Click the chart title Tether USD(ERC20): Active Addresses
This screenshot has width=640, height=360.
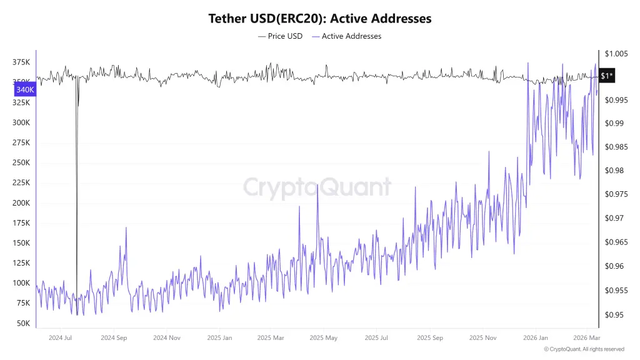tap(319, 19)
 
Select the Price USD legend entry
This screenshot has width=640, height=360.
tap(280, 36)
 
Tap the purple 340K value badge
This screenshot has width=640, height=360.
tap(25, 90)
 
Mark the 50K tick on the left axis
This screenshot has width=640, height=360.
tap(23, 323)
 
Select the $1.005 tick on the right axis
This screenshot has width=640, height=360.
tap(616, 54)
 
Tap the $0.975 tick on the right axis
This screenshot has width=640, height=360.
tap(616, 194)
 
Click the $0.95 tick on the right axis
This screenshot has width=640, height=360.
tap(614, 315)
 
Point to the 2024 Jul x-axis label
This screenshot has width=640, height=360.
tap(60, 337)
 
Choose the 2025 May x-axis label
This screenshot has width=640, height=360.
tap(323, 337)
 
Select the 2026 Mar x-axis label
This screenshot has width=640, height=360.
tap(586, 337)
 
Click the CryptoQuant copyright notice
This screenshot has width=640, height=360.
tap(584, 349)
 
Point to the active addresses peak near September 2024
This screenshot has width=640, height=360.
tap(126, 227)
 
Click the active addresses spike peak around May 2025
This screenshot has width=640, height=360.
tap(317, 185)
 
